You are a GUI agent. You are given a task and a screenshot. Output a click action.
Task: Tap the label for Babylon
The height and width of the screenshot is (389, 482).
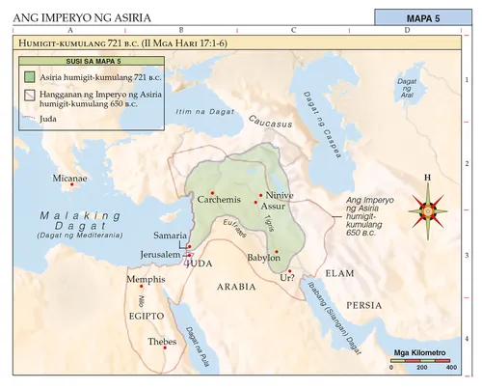pyautogui.click(x=263, y=259)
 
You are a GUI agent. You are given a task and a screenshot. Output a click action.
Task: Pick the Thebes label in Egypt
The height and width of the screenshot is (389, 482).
pyautogui.click(x=163, y=343)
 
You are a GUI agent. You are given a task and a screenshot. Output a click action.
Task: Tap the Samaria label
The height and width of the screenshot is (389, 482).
pyautogui.click(x=171, y=236)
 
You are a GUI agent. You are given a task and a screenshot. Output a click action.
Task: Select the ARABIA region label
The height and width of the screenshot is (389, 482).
pyautogui.click(x=234, y=288)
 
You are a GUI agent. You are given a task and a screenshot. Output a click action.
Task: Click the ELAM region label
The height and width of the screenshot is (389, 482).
pyautogui.click(x=341, y=273)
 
